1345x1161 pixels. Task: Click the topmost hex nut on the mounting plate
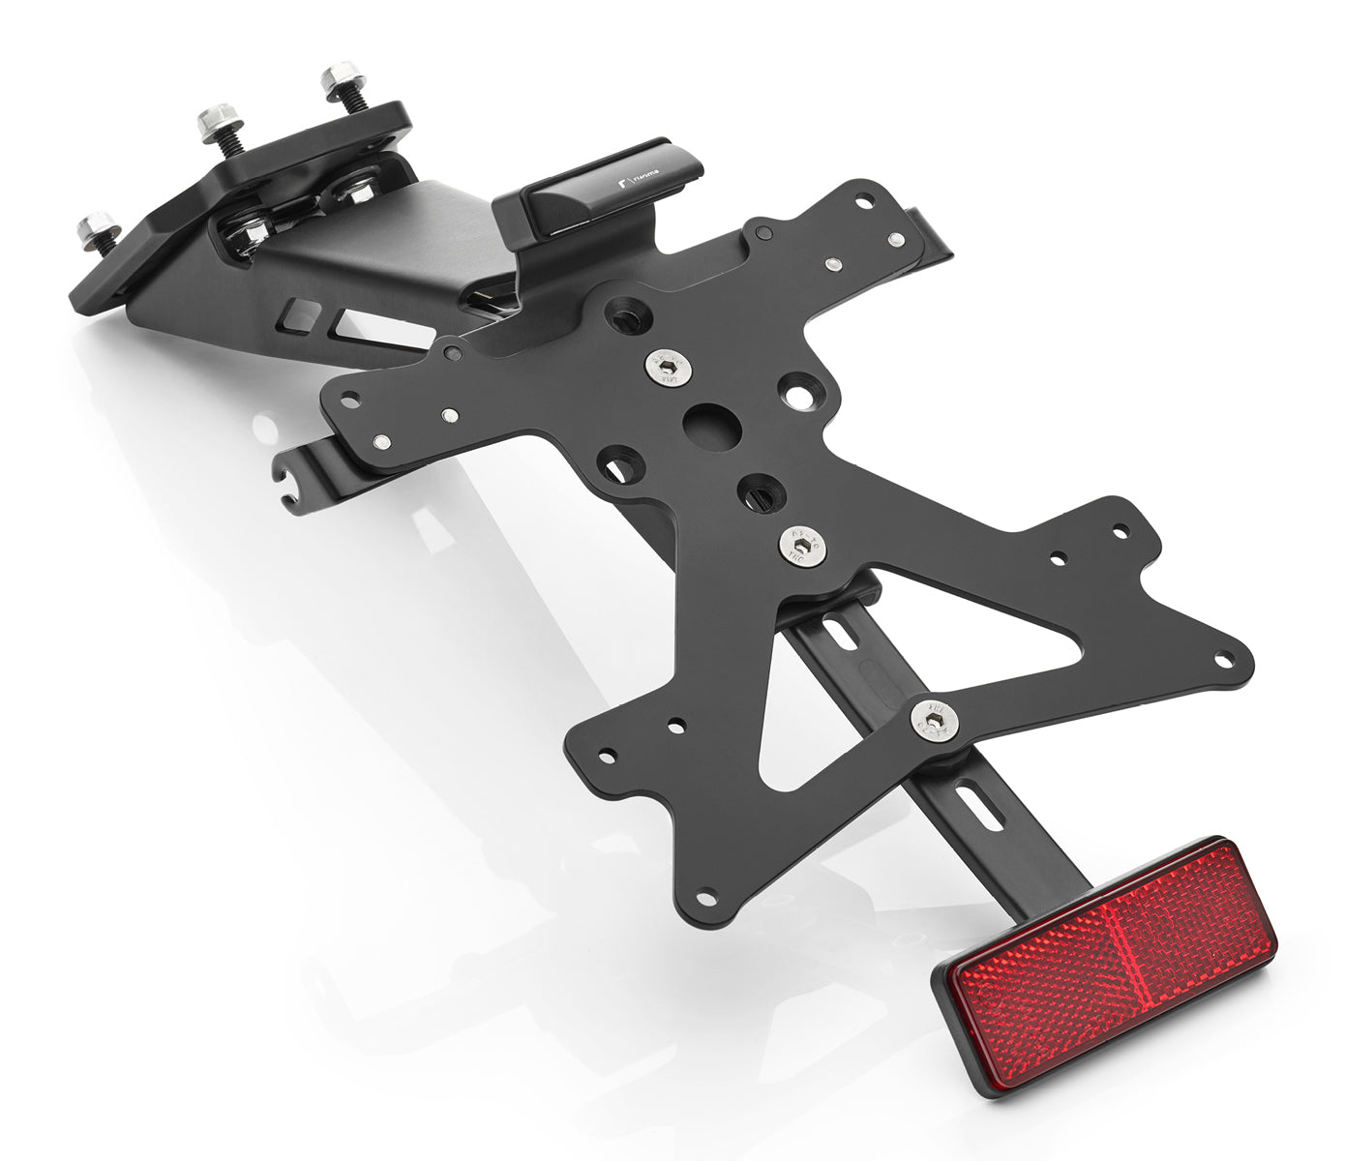pyautogui.click(x=340, y=76)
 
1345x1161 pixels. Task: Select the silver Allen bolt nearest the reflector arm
pyautogui.click(x=935, y=717)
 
